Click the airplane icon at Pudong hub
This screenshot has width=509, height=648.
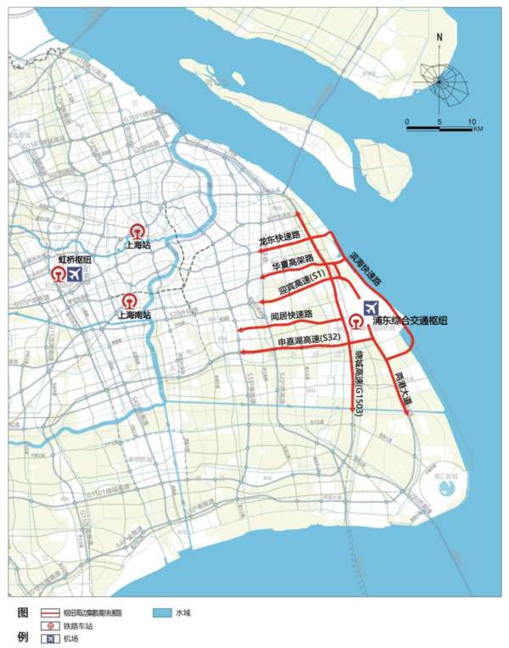coord(372,308)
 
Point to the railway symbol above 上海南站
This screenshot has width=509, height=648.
coord(129,301)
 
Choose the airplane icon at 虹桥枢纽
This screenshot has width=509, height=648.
coord(76,275)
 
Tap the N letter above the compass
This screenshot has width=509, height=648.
coord(439,37)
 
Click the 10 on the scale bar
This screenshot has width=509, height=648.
coord(471,121)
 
